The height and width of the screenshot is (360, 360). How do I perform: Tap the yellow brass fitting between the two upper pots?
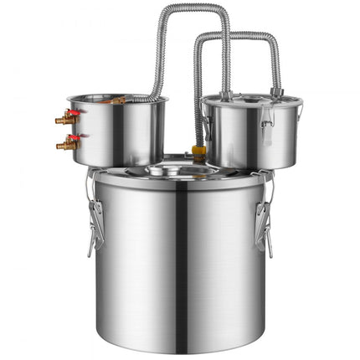click(199, 152)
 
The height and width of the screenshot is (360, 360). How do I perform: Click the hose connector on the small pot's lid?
click(275, 91)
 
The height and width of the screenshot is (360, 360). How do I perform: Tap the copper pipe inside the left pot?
click(115, 100)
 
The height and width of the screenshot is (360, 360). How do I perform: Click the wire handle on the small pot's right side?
click(298, 117)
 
